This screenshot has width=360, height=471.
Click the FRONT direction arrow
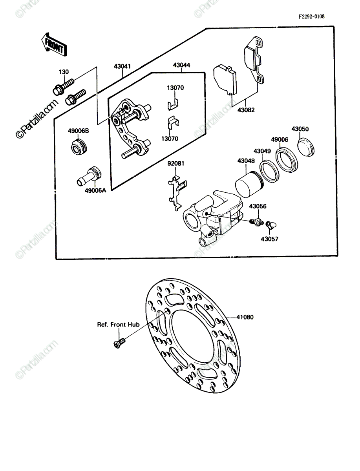tap(54, 45)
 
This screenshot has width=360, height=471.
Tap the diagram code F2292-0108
tap(311, 16)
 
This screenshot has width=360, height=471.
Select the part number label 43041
tap(122, 66)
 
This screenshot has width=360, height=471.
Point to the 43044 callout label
tap(181, 65)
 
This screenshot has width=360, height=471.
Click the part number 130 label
tap(64, 72)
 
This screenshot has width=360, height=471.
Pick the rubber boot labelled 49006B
tap(79, 146)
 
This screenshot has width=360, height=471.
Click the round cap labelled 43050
tap(306, 147)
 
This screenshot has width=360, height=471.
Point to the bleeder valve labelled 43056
tap(257, 222)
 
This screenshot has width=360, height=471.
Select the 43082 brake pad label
tap(246, 110)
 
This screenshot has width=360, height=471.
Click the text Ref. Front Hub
tap(119, 325)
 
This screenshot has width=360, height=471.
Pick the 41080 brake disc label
tap(245, 317)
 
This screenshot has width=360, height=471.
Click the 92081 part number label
tap(176, 164)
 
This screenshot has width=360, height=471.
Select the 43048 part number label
tap(246, 161)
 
